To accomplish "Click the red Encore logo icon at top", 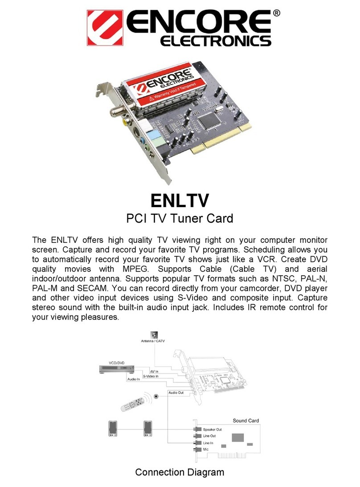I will (x=105, y=28).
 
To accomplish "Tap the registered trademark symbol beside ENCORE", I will (x=277, y=14).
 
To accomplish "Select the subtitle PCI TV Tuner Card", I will (x=180, y=219).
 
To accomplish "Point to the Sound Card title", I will (x=245, y=420).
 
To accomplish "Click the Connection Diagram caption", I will (x=180, y=472).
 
